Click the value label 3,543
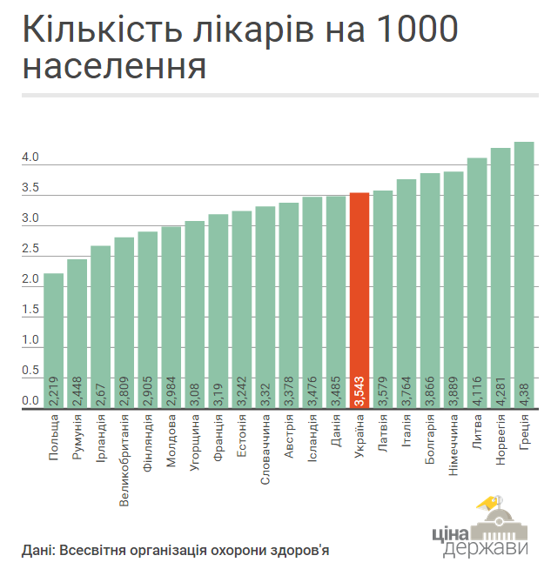click(359, 393)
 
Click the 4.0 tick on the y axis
click(30, 157)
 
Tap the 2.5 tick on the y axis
click(30, 250)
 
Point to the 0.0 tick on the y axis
click(30, 401)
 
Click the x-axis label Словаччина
click(265, 448)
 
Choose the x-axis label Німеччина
click(454, 445)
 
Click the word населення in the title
click(114, 66)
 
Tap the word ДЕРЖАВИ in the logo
click(486, 549)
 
